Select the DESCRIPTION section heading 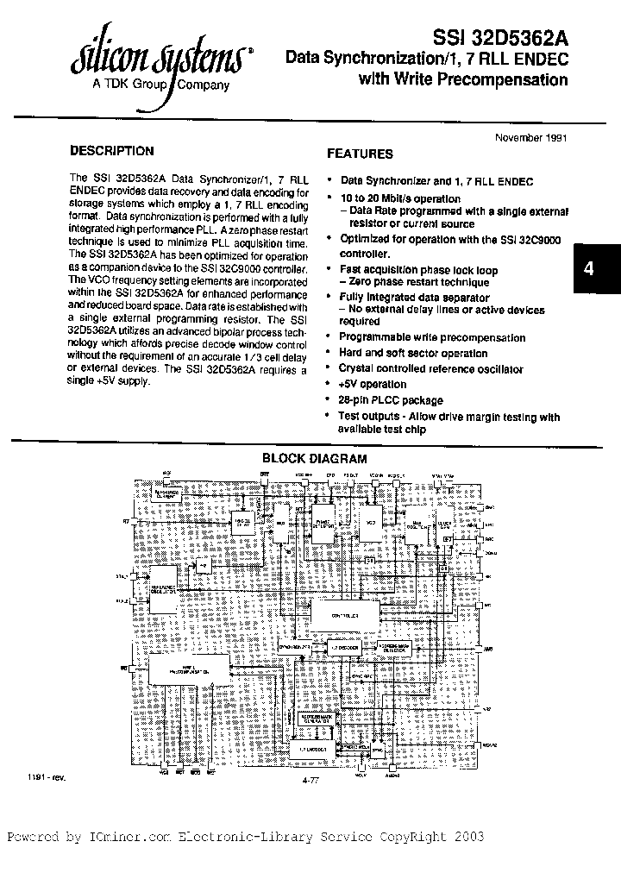coord(112,151)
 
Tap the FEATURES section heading coord(360,154)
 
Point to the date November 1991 coord(530,138)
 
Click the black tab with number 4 coord(589,268)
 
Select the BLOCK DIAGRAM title coord(314,459)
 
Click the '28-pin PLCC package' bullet coord(391,400)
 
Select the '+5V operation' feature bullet coord(373,385)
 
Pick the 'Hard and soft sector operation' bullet coord(413,354)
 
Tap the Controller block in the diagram coord(343,615)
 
